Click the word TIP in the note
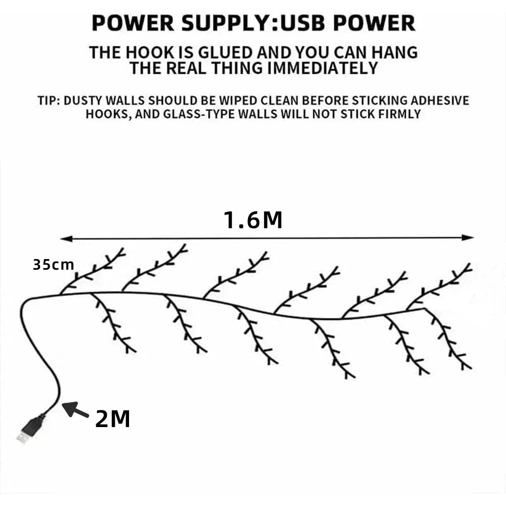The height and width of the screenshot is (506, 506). (49, 100)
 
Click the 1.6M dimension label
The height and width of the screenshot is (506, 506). (252, 220)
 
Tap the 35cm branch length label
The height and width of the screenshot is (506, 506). (53, 265)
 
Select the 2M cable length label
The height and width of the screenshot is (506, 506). (112, 419)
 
